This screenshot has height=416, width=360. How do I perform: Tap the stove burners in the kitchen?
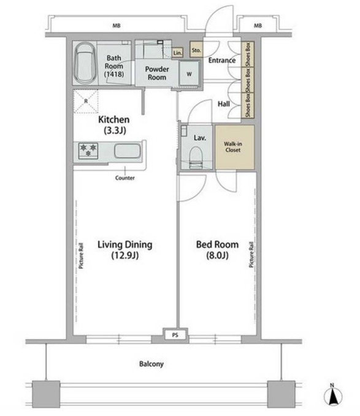click(88, 151)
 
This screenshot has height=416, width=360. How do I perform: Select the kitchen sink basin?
click(127, 151)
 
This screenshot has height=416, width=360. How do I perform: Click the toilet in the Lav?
click(196, 157)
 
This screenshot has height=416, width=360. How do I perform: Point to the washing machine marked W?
click(189, 74)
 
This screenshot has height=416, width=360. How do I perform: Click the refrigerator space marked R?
click(86, 101)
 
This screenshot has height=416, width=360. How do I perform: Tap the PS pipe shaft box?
click(175, 335)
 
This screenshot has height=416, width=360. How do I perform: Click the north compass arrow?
click(333, 396)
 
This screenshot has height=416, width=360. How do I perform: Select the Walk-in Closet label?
click(233, 147)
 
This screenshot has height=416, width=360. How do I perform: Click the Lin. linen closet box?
click(178, 53)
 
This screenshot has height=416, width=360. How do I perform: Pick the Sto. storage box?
click(196, 50)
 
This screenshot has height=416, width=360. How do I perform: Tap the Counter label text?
click(124, 178)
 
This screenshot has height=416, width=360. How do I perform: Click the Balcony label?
click(151, 364)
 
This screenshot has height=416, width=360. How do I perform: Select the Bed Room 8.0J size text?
click(218, 255)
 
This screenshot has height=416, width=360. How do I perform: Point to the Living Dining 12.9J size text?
click(125, 255)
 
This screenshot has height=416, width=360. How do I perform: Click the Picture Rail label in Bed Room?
click(251, 254)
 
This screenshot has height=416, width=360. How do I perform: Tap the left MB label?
click(117, 26)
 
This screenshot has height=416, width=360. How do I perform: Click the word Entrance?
click(222, 60)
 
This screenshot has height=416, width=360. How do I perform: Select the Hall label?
click(224, 104)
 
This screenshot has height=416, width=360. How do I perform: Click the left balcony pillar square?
click(46, 394)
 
